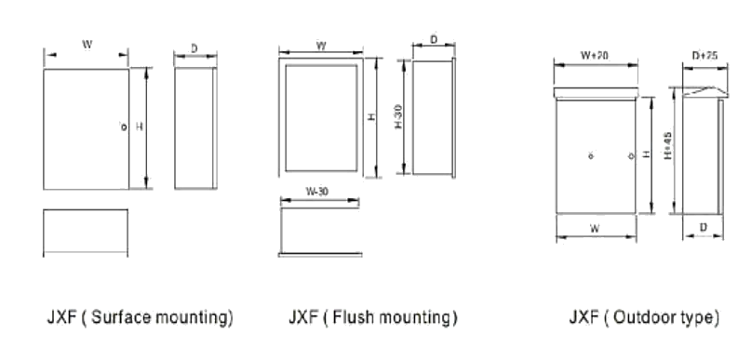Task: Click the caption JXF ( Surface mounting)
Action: click(139, 318)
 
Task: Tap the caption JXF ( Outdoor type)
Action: click(644, 318)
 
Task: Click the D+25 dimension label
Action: click(704, 56)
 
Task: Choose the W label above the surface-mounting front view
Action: click(87, 44)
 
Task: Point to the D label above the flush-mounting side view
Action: click(434, 40)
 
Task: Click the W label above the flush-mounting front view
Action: click(320, 44)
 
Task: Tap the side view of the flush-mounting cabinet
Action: click(434, 119)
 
